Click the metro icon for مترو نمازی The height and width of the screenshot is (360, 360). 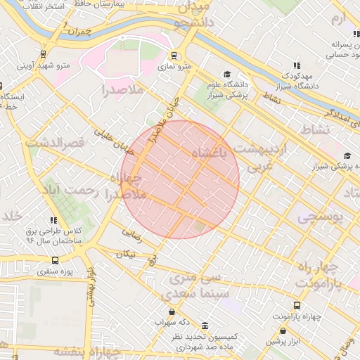[174, 56]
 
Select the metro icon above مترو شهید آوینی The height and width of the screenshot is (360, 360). [44, 53]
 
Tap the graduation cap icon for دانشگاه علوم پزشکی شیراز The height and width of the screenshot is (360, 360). [226, 74]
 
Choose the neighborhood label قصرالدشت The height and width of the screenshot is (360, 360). [55, 142]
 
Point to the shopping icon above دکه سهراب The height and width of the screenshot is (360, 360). [172, 312]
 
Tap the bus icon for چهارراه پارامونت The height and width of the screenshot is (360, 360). [297, 306]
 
